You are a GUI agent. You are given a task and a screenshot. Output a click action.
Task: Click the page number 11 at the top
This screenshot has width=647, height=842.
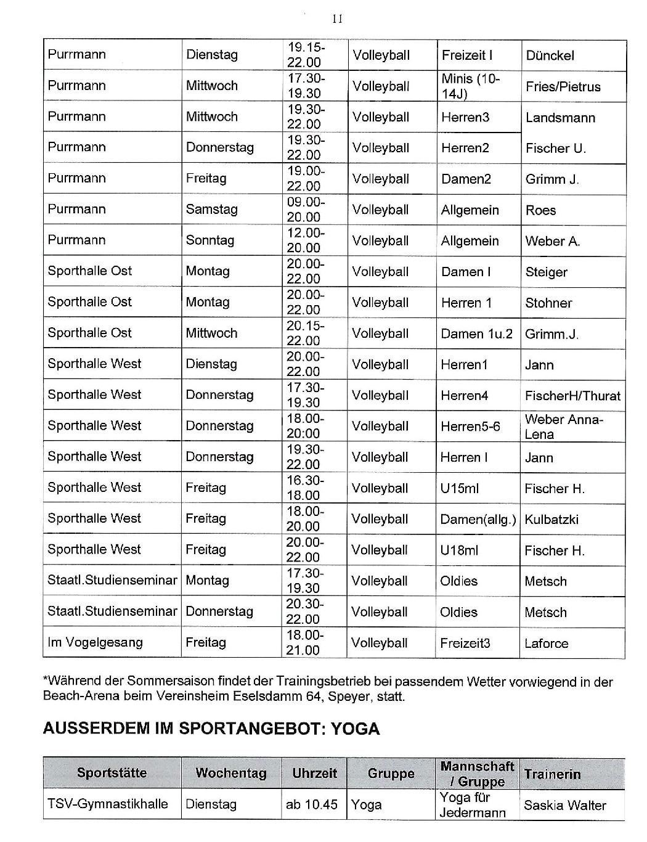click(x=337, y=19)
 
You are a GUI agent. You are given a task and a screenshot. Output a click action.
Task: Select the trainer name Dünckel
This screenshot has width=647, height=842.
click(x=550, y=55)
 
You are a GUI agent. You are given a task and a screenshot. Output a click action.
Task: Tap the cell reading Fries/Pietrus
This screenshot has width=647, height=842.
click(x=563, y=86)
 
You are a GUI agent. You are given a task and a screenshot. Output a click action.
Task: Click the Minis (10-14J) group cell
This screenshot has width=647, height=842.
click(x=471, y=86)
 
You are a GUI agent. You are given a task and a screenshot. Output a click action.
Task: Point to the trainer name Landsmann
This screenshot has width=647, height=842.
click(x=560, y=118)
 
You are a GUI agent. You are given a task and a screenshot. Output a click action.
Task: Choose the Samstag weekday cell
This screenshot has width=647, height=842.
click(x=211, y=210)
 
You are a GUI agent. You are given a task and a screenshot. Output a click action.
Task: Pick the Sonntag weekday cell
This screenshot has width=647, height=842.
click(x=210, y=240)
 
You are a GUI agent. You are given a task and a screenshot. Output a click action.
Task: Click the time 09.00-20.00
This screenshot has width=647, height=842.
click(x=304, y=210)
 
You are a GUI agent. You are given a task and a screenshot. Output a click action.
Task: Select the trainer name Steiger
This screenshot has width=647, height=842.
click(x=546, y=272)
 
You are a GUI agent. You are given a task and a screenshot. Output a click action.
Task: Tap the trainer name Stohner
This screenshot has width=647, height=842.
click(x=548, y=303)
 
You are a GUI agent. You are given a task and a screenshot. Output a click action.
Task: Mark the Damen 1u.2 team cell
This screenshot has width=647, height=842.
click(x=476, y=333)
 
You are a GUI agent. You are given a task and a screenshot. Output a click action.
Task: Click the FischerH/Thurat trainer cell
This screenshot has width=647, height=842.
click(x=572, y=396)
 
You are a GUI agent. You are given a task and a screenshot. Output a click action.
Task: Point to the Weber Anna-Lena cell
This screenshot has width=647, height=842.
click(x=564, y=427)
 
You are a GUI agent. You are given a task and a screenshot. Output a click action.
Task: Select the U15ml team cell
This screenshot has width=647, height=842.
click(x=459, y=488)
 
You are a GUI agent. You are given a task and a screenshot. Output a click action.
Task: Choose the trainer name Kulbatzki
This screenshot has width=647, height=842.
click(x=551, y=519)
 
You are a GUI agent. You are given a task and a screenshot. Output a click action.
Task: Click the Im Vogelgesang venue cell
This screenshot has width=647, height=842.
click(x=95, y=642)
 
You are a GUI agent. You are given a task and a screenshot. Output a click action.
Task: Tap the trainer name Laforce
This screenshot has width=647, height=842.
click(x=546, y=644)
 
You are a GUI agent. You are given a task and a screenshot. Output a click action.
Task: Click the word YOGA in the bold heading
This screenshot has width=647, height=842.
click(x=356, y=729)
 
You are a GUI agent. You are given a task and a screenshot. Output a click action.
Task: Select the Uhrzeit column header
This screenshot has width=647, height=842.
click(x=314, y=773)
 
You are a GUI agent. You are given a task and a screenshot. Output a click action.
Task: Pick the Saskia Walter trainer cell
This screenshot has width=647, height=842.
click(x=564, y=805)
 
